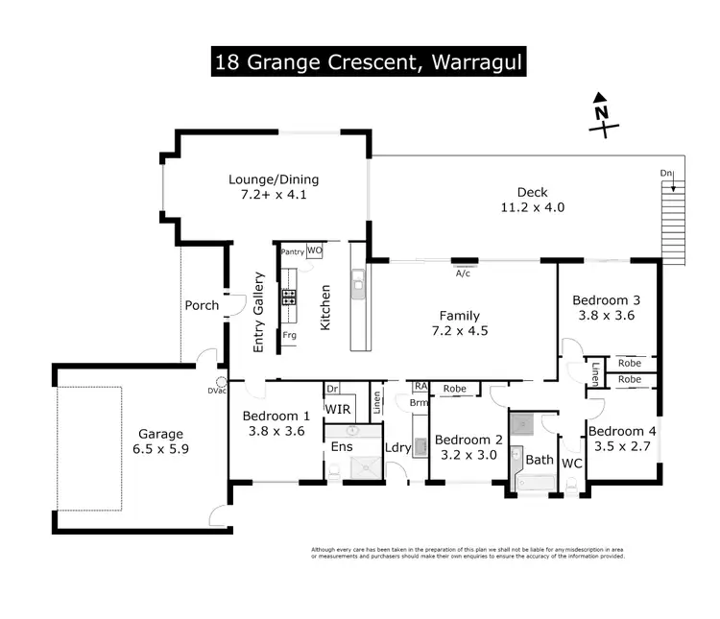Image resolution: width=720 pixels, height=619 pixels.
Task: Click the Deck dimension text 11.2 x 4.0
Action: [x=532, y=207]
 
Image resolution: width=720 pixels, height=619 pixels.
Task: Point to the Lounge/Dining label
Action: [x=274, y=179]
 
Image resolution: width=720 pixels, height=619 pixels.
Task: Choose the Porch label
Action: [x=202, y=306]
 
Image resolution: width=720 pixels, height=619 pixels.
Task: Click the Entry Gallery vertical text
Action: [x=258, y=313]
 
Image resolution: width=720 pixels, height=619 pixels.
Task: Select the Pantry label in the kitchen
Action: [x=293, y=251]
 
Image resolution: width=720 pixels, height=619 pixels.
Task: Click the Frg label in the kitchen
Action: [x=289, y=335]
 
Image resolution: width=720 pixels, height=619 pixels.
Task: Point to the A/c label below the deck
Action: [x=464, y=273]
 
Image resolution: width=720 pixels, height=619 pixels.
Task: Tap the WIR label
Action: [x=337, y=410]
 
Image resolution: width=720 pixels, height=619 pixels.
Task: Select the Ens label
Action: [x=340, y=446]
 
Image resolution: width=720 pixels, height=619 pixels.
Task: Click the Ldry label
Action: [x=396, y=447]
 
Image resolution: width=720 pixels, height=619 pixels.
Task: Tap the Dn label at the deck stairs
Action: [x=666, y=173]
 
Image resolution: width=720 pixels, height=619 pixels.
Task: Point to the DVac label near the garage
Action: [x=215, y=390]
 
